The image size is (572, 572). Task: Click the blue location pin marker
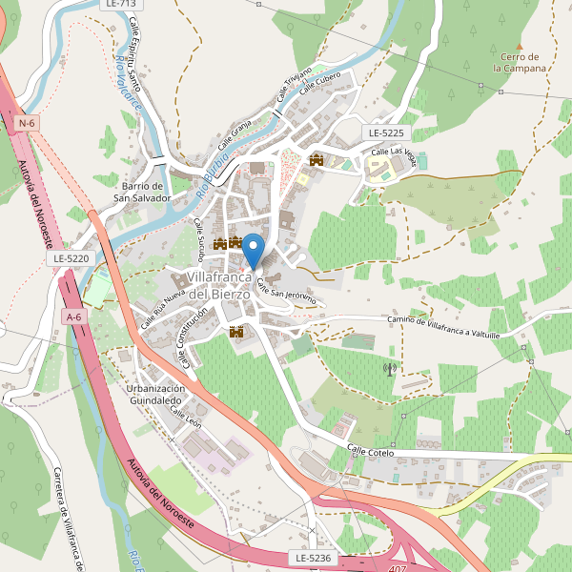point(253,250)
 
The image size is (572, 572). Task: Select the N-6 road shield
point(27,123)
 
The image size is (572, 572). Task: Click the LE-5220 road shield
point(71,258)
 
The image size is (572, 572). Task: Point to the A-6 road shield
point(73,316)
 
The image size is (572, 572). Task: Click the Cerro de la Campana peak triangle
point(520,46)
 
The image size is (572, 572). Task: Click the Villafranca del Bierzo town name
point(219,285)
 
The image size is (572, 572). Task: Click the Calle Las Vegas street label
point(394,153)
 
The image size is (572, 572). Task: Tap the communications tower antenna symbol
point(389,368)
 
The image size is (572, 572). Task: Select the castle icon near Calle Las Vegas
point(316,159)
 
